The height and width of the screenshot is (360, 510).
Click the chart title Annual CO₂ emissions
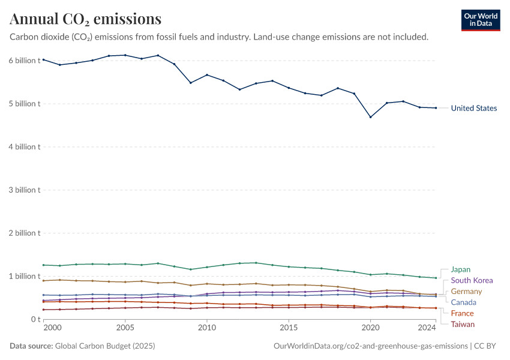click(85, 19)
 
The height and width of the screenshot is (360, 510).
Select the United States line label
click(473, 108)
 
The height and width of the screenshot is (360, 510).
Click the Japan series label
click(460, 269)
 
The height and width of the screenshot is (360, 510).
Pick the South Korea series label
click(472, 280)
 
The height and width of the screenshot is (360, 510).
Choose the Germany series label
click(466, 292)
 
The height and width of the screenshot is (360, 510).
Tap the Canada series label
click(463, 302)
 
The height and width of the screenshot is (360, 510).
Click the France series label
click(462, 313)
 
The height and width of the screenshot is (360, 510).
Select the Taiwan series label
click(463, 325)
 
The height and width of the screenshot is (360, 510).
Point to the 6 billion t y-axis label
click(25, 61)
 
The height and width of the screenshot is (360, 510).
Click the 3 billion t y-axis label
click(25, 190)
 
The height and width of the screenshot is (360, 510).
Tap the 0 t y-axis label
click(35, 319)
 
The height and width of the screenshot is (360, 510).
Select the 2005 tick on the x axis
click(125, 328)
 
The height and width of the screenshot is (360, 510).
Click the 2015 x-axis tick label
click(289, 328)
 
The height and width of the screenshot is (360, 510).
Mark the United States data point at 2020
click(371, 117)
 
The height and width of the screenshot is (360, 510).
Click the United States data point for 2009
click(190, 82)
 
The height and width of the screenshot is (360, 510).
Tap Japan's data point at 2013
click(256, 263)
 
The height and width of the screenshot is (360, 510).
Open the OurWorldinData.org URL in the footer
click(370, 346)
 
